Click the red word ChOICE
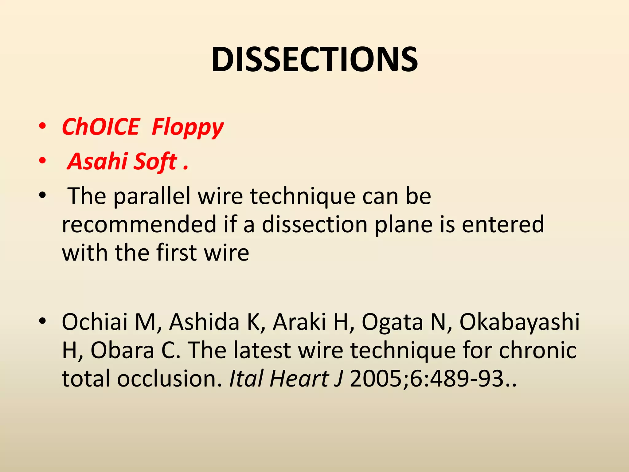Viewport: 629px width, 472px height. (x=101, y=127)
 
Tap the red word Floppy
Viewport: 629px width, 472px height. (x=188, y=127)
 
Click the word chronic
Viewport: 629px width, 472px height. (x=537, y=350)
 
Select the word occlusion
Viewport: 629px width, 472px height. (x=169, y=378)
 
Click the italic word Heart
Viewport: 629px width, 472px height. (x=299, y=378)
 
